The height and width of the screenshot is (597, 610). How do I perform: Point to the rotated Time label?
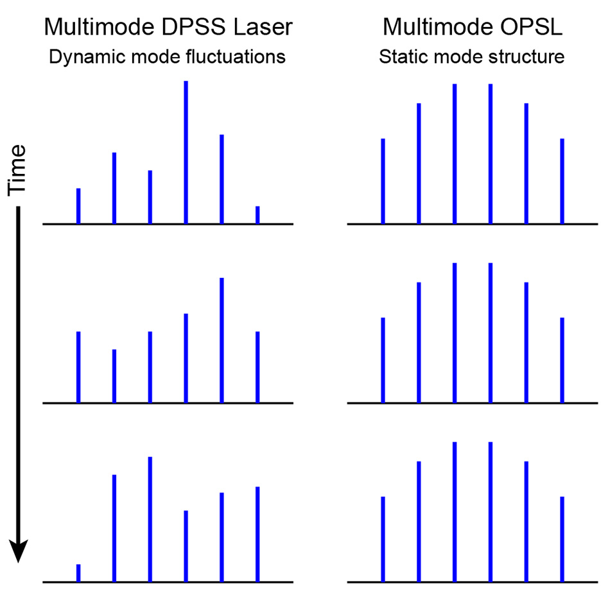[17, 169]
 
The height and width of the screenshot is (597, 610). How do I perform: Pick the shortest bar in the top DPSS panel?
[258, 215]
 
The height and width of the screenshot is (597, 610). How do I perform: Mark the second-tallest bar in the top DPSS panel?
[222, 179]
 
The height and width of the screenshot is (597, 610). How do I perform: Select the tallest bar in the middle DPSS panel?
[222, 340]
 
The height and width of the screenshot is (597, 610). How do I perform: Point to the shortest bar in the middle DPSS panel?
[114, 376]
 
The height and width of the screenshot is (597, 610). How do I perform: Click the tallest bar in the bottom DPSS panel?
[150, 519]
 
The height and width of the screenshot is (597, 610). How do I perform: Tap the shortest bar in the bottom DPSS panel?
[78, 573]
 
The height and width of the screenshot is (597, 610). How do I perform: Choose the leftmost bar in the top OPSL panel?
[383, 181]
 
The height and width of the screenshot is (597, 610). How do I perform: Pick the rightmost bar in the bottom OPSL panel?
[562, 539]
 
